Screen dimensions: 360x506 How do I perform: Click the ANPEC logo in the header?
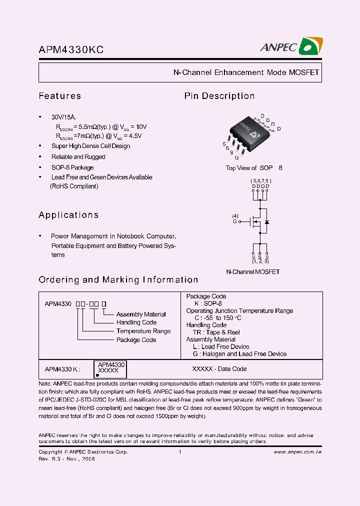290,46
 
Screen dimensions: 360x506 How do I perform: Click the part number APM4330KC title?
71,49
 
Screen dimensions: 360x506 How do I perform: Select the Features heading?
59,96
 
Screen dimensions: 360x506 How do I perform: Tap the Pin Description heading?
219,96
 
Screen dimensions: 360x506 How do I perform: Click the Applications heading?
68,215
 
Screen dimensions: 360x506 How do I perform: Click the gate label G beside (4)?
234,221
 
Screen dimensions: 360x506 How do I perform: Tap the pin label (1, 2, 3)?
260,261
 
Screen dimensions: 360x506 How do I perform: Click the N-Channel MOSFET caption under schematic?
252,272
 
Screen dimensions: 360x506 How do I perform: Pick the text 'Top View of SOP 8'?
254,168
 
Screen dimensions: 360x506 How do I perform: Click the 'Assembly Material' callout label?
141,314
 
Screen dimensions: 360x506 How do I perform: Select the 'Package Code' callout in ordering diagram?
136,340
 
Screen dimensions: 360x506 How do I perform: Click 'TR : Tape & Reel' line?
216,332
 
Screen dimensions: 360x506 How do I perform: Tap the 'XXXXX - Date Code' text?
219,369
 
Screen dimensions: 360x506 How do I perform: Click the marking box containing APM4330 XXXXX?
110,369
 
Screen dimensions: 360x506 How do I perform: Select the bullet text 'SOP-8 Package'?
72,167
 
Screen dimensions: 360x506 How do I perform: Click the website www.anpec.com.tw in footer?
297,452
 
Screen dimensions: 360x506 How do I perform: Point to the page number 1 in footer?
179,452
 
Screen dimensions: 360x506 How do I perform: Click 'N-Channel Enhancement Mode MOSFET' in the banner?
246,72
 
